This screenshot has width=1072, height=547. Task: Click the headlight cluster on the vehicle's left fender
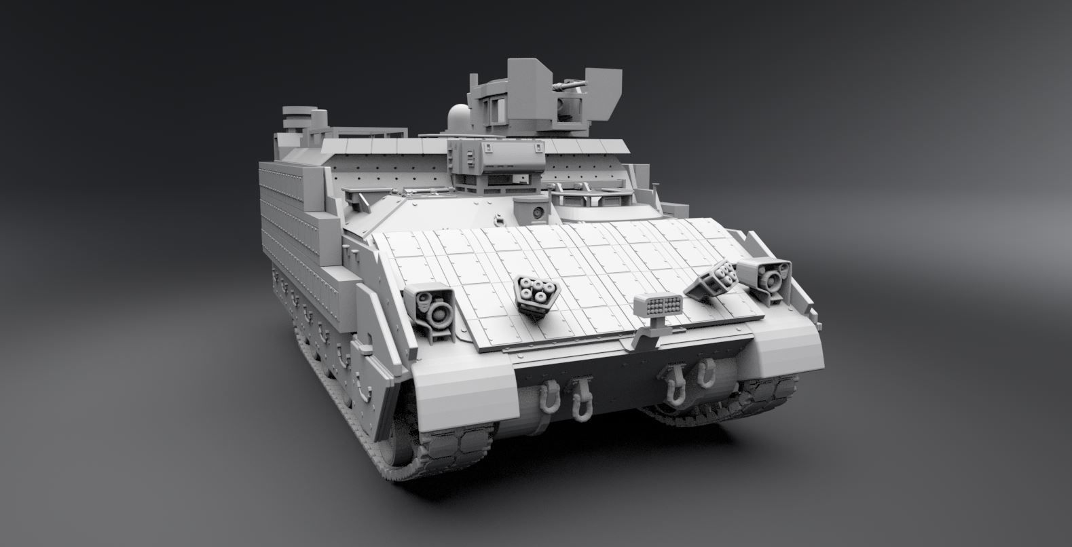[x=432, y=305]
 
